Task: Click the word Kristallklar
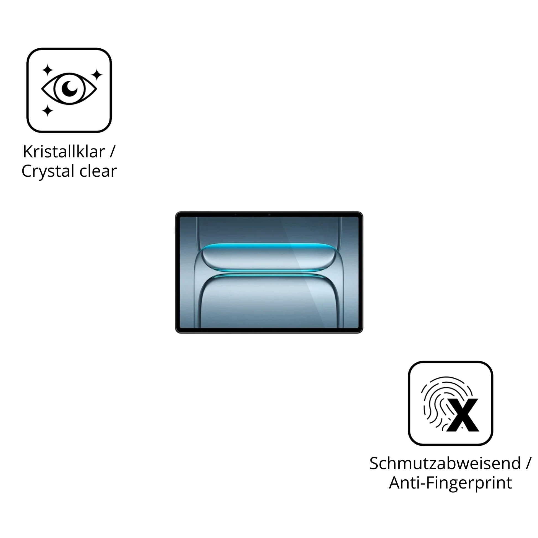(x=64, y=152)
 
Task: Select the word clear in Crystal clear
(x=98, y=171)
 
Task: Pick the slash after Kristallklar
(x=112, y=152)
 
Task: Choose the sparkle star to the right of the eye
(x=97, y=75)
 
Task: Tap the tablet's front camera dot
(x=269, y=214)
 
